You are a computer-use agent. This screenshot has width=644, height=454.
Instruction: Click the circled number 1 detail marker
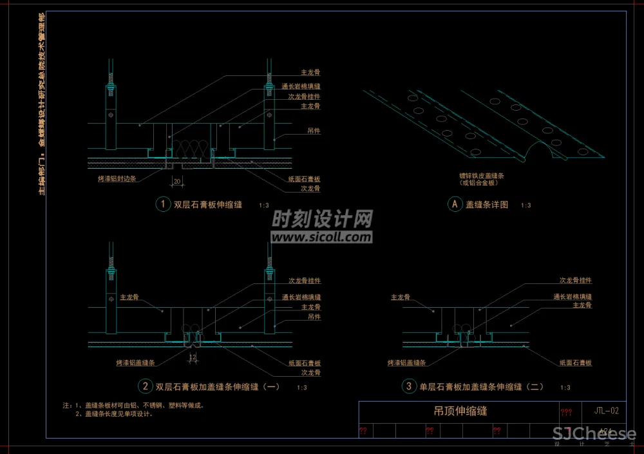click(x=162, y=204)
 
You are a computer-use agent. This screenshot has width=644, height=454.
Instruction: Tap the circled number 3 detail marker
click(x=408, y=386)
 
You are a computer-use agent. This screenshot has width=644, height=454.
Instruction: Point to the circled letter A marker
click(x=455, y=204)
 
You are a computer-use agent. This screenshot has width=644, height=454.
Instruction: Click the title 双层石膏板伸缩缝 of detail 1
click(x=208, y=205)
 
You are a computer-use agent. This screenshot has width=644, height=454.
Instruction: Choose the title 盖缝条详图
click(x=487, y=205)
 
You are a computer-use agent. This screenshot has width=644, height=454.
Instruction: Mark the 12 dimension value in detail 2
click(x=192, y=356)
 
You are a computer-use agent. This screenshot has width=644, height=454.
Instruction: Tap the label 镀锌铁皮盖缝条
click(x=479, y=175)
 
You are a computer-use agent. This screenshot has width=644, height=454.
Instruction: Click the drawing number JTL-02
click(x=607, y=410)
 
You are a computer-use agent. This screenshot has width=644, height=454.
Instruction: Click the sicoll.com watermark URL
click(x=321, y=238)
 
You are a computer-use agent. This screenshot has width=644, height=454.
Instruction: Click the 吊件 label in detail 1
click(x=314, y=131)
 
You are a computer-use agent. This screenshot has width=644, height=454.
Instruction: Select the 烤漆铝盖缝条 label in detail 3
click(x=406, y=363)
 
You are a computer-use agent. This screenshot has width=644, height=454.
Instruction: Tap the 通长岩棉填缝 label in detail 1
click(x=301, y=86)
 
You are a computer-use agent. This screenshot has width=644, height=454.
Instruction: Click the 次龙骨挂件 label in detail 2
click(x=304, y=281)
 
